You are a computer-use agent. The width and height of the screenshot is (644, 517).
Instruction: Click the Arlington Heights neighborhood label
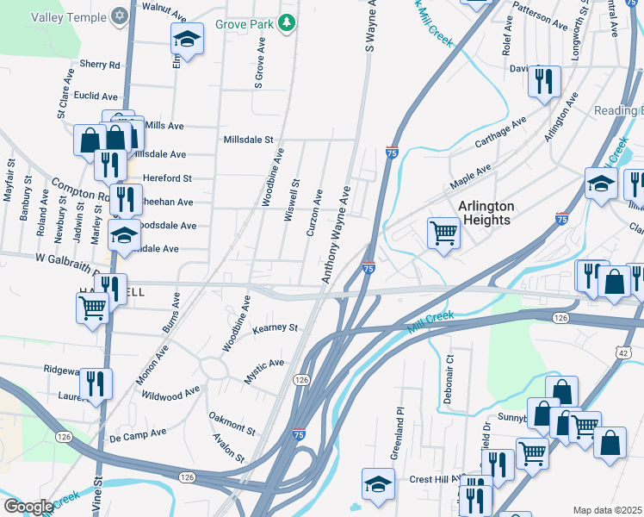coord(486,213)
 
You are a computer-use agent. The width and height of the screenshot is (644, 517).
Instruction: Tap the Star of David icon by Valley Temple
coord(119,16)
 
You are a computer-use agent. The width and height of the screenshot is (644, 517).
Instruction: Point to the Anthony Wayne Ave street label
coord(337,234)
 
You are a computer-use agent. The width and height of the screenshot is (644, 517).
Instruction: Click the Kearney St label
coord(274,328)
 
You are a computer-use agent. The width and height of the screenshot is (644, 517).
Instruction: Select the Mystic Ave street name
coord(263,364)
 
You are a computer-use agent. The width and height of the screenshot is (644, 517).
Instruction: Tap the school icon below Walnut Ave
coord(185,40)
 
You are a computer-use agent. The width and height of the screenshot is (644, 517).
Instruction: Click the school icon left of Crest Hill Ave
coord(378,485)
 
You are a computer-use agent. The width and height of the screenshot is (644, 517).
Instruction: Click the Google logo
coord(28,507)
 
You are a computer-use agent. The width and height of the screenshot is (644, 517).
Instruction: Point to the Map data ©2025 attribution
coord(607,510)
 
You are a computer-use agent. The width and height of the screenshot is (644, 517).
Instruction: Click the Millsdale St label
coord(248,139)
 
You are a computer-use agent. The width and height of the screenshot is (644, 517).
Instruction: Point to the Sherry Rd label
coord(100,65)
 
